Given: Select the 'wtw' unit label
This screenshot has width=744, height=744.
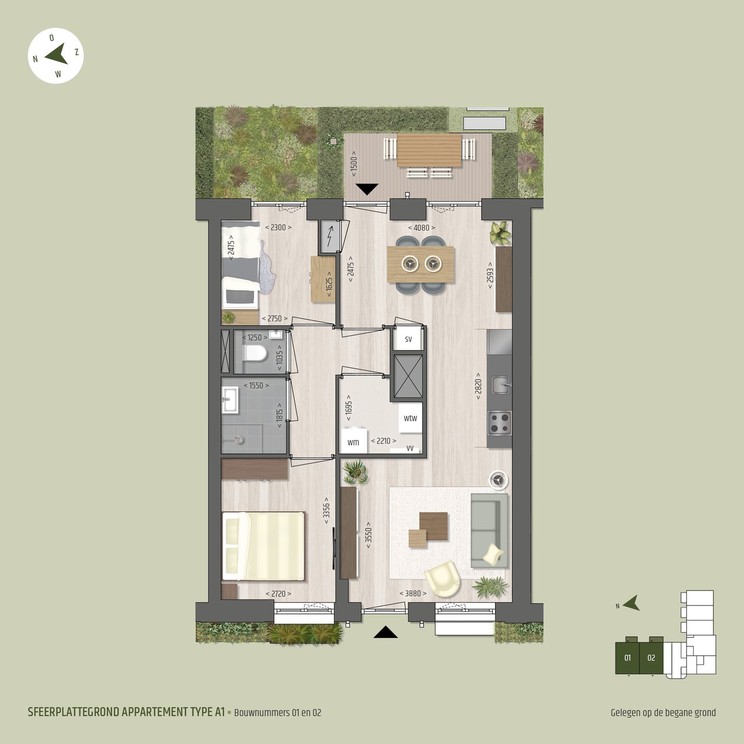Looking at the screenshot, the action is [x=410, y=418].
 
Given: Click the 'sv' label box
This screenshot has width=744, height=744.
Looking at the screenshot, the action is [x=408, y=339].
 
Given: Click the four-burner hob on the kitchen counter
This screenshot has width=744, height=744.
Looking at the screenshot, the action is [x=500, y=423].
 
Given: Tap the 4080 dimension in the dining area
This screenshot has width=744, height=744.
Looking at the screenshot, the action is [x=422, y=228].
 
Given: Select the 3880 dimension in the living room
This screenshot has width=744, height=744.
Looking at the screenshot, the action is [x=413, y=594].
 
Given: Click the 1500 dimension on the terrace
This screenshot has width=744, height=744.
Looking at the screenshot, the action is [x=354, y=164].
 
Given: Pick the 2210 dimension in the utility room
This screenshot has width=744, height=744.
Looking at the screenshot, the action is [x=384, y=441].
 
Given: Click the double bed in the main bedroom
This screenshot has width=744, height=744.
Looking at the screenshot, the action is [x=263, y=546].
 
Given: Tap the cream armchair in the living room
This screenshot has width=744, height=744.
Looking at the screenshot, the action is [x=443, y=578].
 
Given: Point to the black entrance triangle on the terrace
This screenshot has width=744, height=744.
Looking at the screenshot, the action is [x=367, y=189].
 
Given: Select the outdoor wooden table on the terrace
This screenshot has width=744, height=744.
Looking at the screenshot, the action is [x=429, y=150].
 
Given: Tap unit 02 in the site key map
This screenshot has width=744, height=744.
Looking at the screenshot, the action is [x=651, y=658].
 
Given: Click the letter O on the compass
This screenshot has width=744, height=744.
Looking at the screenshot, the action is [x=52, y=38].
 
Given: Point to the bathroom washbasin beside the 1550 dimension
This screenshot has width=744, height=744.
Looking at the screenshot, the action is [x=230, y=399].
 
